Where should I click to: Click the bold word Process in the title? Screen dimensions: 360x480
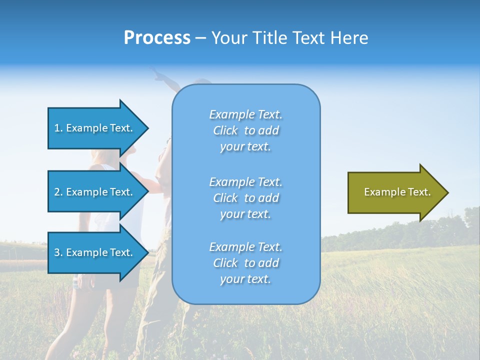[157, 38]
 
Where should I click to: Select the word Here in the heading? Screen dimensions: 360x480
[349, 38]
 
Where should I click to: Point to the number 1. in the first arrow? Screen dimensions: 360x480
[58, 128]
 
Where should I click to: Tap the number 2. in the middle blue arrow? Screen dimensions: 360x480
[58, 192]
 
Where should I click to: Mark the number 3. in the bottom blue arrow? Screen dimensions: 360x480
[58, 252]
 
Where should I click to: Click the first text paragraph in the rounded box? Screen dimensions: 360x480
[245, 130]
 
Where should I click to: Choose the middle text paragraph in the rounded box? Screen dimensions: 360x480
[245, 198]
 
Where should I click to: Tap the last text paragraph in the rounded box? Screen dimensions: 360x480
[245, 263]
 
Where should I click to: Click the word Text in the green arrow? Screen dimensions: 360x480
[419, 192]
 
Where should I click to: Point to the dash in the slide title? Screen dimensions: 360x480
[200, 38]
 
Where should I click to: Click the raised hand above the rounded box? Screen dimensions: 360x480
[159, 75]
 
